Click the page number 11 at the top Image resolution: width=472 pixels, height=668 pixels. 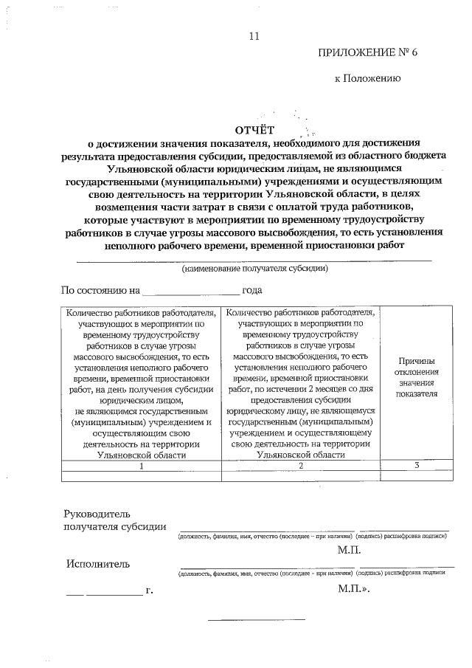[255, 35]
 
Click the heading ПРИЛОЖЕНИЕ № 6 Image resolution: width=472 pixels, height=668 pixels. [363, 52]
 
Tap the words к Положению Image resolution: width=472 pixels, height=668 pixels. [367, 78]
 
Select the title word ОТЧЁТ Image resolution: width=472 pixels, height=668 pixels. [254, 130]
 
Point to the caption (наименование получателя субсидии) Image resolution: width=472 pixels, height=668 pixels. [255, 269]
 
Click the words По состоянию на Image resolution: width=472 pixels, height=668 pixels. [100, 291]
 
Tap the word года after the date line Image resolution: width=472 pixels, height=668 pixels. [253, 291]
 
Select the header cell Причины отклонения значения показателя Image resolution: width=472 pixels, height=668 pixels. [417, 377]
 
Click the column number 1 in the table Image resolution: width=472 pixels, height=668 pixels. [139, 465]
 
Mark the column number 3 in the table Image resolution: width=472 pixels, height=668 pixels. [417, 465]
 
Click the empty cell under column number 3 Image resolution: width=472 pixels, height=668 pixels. [417, 476]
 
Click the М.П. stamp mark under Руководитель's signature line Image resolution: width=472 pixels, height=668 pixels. [349, 550]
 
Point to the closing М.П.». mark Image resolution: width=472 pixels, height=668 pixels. [353, 590]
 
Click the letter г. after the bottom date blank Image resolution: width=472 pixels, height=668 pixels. [150, 591]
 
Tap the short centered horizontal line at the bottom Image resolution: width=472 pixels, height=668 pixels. [257, 619]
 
